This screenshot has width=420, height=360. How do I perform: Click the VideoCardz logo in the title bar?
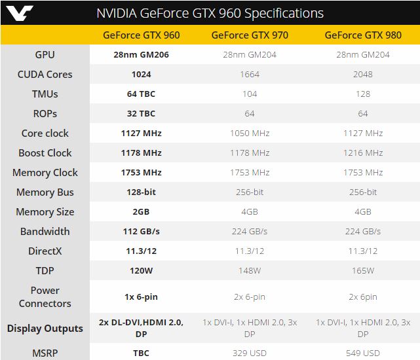pos(19,12)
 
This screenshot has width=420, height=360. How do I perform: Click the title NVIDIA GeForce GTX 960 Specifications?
pos(210,13)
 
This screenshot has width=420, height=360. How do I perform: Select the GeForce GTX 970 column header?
pos(250,35)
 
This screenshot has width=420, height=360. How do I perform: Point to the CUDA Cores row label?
pos(45,74)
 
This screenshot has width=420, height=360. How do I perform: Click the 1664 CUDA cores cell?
pos(250,74)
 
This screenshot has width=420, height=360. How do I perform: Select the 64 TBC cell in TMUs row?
pos(141,94)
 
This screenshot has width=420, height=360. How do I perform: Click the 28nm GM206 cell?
pos(141,54)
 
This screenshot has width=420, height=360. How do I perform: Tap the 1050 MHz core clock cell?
pos(250,133)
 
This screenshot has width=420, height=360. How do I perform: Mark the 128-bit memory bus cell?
pos(141,192)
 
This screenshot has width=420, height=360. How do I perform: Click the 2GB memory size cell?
pos(141,211)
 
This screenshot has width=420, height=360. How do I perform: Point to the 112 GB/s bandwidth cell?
pos(141,231)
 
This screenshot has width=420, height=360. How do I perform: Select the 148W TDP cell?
pos(250,270)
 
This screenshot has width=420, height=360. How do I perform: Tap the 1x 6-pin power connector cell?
pos(141,297)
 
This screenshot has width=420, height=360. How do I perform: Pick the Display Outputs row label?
pos(45,328)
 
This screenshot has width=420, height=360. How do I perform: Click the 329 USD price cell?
pos(250,353)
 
